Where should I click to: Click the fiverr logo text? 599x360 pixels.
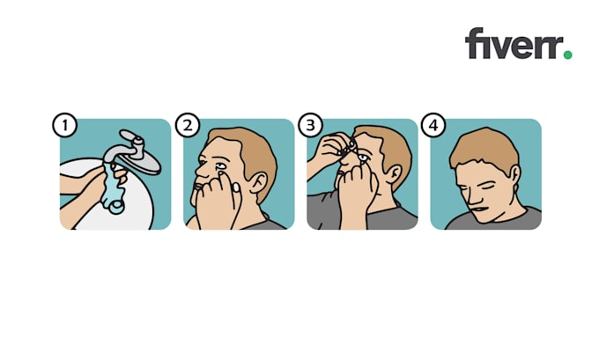point(514,44)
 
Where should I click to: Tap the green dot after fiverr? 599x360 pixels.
point(567,55)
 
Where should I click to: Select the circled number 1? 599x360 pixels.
point(63,125)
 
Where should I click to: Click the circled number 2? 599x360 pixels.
point(186,125)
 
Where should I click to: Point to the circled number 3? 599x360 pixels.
point(309,125)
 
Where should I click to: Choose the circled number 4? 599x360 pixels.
point(433,125)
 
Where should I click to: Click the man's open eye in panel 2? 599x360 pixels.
point(215,165)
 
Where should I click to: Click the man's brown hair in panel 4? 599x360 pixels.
point(484,145)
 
